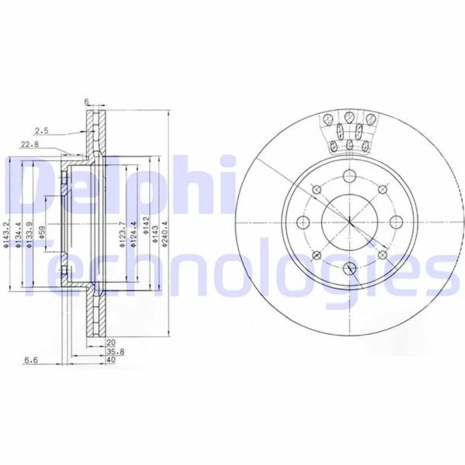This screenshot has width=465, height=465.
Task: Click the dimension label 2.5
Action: coord(41,131)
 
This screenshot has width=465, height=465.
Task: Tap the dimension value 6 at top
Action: coord(86,102)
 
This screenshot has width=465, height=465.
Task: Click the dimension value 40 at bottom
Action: coord(111,360)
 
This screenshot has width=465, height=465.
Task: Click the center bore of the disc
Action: coord(349,222)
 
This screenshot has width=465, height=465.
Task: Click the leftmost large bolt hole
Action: coord(303,222)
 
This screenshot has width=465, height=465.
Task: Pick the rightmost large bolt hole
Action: coord(395,222)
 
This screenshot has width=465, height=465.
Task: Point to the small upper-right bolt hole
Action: coord(381,190)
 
